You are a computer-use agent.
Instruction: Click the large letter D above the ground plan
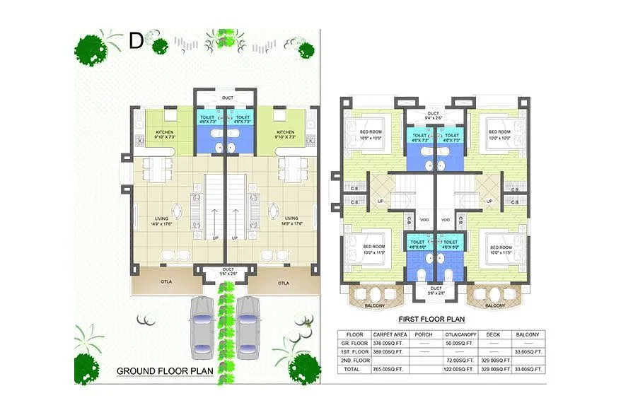[x=136, y=42]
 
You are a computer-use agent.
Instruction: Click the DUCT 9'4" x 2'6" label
[x=434, y=115]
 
